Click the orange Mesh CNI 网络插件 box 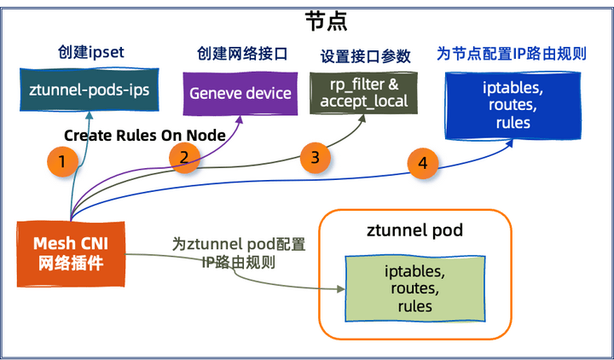click(71, 253)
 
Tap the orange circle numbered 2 click(184, 154)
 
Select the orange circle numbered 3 click(315, 157)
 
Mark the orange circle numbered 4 click(422, 163)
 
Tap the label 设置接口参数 click(366, 56)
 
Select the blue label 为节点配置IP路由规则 click(512, 53)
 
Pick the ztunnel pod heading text click(414, 231)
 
